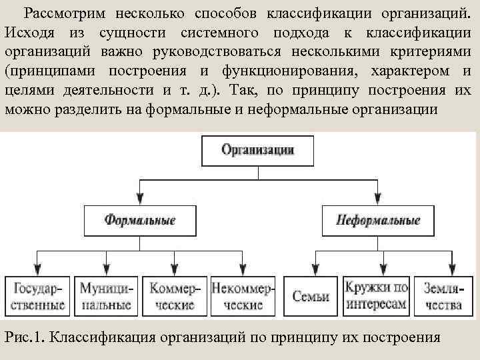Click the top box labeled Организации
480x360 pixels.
(x=257, y=149)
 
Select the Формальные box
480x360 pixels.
(x=139, y=219)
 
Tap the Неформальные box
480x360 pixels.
(x=378, y=219)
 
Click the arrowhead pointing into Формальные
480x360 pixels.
(x=139, y=199)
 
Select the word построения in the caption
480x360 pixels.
(x=399, y=336)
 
